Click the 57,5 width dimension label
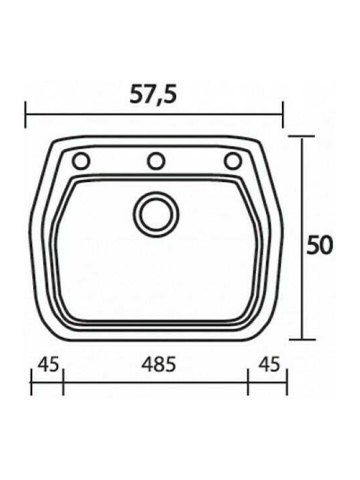[x=153, y=93]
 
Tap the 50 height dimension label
[x=319, y=245]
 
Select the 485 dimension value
[x=159, y=364]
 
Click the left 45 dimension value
[x=48, y=364]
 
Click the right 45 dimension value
[x=269, y=364]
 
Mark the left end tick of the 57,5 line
[x=26, y=115]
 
